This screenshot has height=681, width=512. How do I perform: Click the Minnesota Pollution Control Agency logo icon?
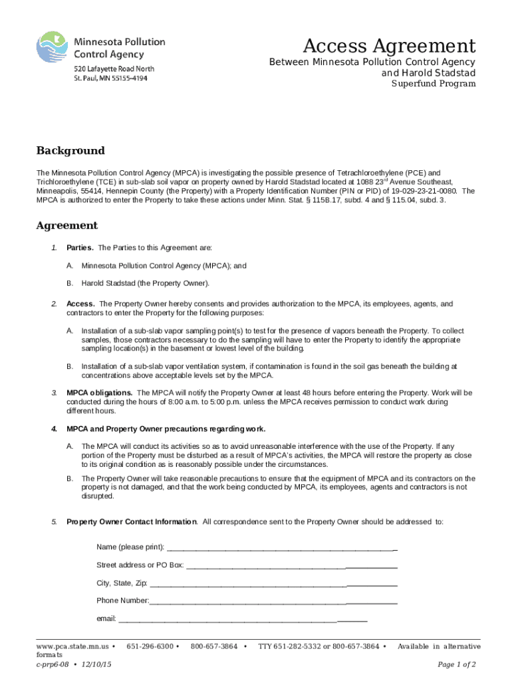[x=53, y=53]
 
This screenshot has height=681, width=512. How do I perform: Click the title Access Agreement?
[x=389, y=47]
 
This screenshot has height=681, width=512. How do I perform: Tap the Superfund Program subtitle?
[x=433, y=84]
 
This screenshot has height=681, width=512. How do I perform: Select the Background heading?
[x=70, y=151]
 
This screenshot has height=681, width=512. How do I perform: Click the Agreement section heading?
[x=66, y=225]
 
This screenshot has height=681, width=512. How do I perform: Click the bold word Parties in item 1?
[x=80, y=248]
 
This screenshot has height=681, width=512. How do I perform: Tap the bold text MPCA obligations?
[x=99, y=392]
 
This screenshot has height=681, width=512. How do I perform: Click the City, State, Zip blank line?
[x=273, y=583]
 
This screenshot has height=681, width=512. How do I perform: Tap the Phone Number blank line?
[x=273, y=601]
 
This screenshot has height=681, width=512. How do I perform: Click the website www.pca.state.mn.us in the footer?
[x=72, y=646]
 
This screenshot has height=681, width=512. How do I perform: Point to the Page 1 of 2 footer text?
[x=456, y=664]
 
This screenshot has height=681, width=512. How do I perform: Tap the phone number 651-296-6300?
[x=150, y=646]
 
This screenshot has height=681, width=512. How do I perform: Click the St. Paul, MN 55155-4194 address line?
[x=110, y=78]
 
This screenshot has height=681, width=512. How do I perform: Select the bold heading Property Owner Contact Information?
[x=131, y=521]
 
